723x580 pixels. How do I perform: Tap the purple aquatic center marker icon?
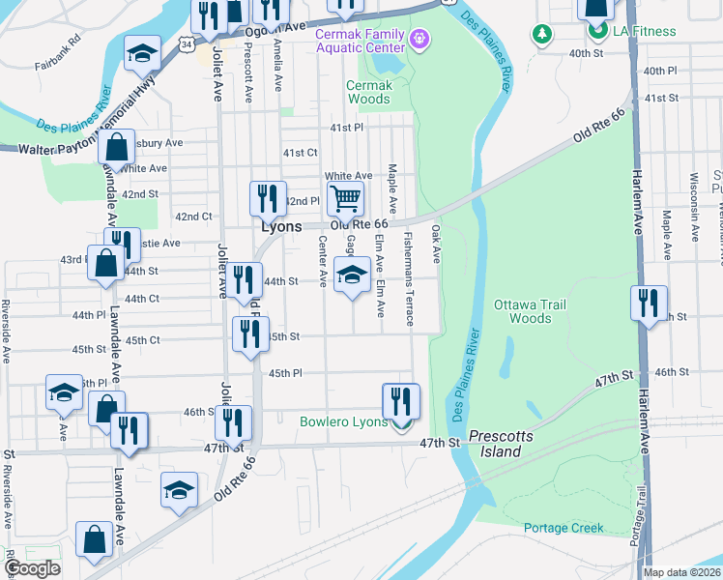[419, 40]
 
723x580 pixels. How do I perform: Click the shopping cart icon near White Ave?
[345, 199]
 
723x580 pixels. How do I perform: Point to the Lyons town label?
[282, 225]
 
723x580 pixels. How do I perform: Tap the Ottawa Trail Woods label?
[529, 311]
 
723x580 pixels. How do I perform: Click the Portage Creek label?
[564, 528]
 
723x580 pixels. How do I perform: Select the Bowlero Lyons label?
[343, 421]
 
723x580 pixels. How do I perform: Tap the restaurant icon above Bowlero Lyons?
[401, 400]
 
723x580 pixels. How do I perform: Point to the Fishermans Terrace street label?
[410, 278]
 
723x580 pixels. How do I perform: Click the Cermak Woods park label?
[369, 92]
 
